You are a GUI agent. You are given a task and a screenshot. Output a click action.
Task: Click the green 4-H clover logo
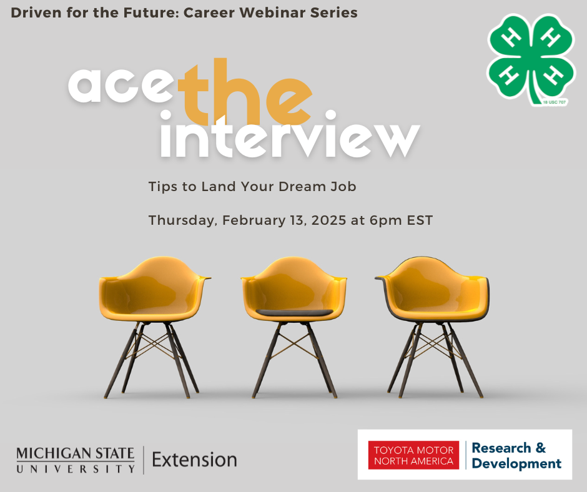530,59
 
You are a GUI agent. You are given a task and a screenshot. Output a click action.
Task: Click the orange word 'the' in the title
245,92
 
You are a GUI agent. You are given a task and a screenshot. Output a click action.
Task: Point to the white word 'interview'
290,135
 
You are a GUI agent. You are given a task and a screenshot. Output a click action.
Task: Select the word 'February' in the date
254,220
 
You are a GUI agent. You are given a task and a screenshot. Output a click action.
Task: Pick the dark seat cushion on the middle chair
294,312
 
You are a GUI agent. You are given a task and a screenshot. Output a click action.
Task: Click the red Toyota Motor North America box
413,455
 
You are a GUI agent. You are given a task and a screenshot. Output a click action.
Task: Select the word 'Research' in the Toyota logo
501,448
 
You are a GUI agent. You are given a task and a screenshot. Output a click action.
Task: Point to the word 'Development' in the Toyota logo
516,463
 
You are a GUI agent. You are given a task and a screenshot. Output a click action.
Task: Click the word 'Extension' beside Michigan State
194,460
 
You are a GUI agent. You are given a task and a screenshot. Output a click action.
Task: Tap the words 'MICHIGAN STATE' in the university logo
75,453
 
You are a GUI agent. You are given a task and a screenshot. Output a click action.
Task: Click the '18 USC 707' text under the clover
555,102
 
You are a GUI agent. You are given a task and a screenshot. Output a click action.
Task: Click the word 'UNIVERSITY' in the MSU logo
75,469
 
